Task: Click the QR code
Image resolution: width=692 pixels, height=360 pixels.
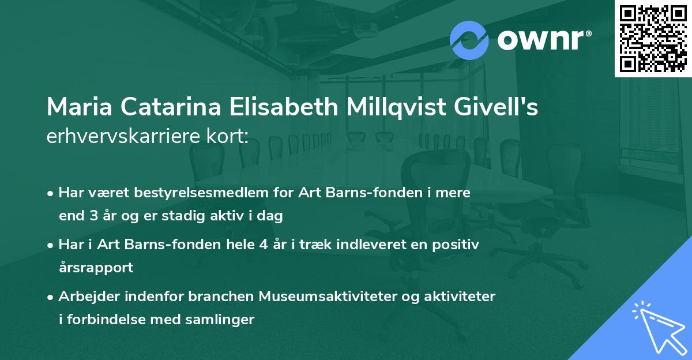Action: (x=653, y=38)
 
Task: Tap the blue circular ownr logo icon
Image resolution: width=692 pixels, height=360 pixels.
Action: (x=469, y=39)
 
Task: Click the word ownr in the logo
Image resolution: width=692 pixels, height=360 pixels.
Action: (x=543, y=39)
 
